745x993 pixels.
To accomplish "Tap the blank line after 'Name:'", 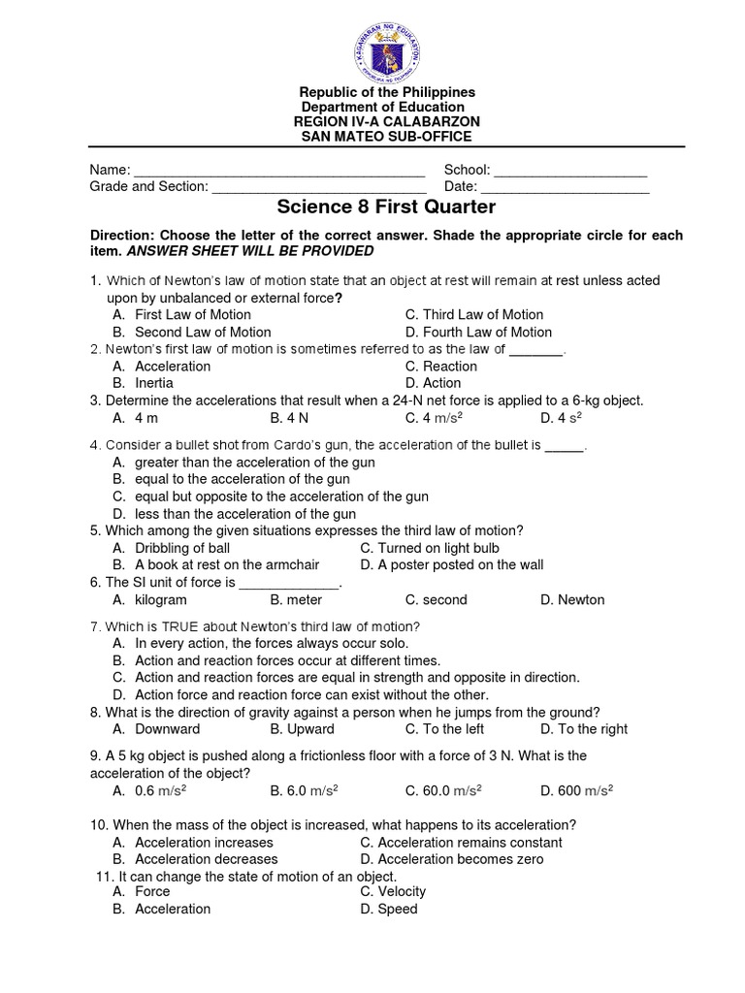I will tap(279, 171).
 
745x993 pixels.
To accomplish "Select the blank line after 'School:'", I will tap(570, 171).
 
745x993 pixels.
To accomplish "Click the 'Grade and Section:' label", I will tap(148, 187).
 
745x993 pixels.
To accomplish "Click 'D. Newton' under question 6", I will tap(572, 599).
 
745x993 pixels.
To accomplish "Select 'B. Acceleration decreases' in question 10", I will tap(195, 859).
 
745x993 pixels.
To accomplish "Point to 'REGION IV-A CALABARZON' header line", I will tap(386, 120).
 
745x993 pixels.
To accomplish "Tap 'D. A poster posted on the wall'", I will tap(451, 564).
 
